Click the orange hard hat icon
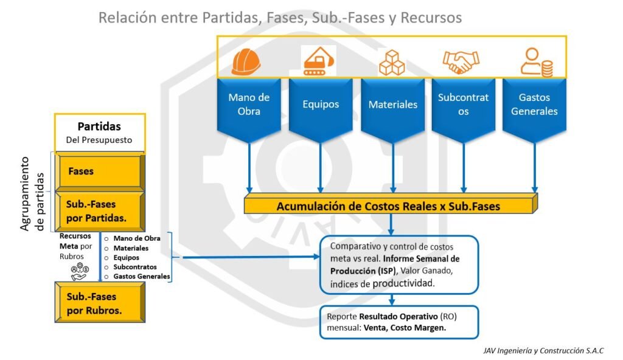click(x=246, y=61)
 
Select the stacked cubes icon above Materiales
click(x=391, y=62)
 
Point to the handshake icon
click(x=461, y=61)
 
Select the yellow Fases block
click(x=99, y=171)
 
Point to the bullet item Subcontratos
click(x=134, y=267)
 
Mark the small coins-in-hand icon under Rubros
click(x=78, y=272)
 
